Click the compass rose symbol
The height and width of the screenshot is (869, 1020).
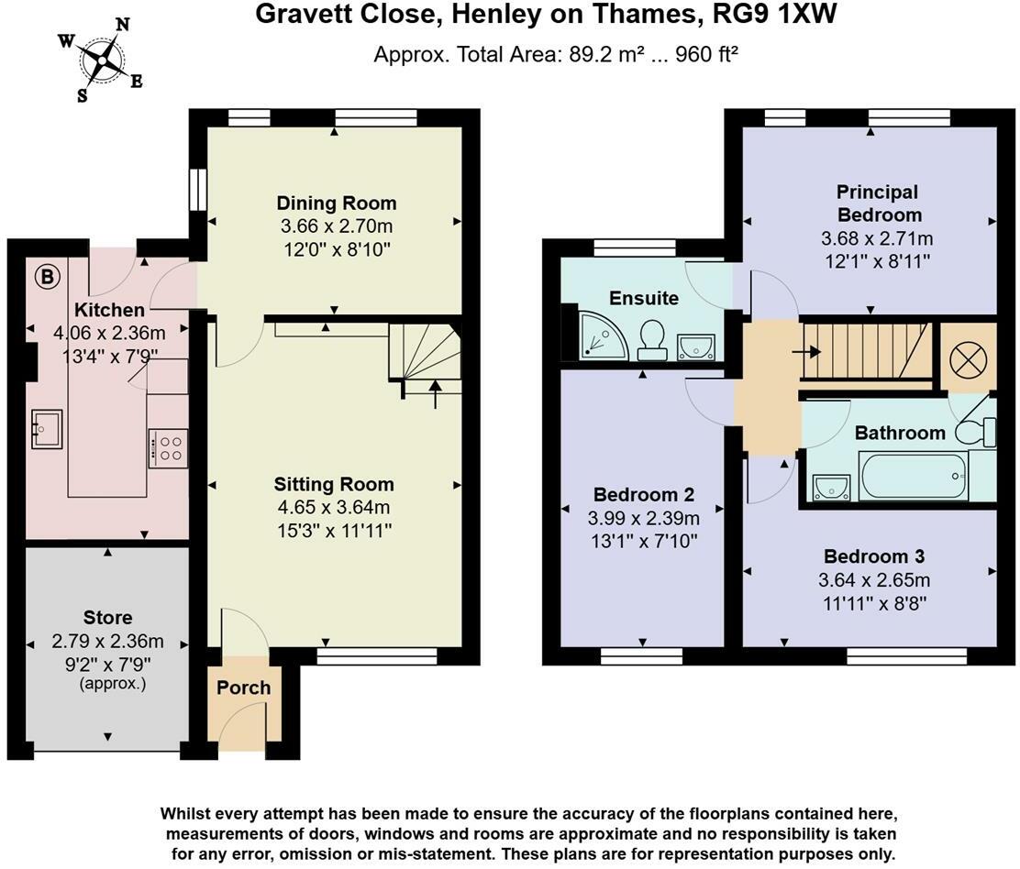[101, 60]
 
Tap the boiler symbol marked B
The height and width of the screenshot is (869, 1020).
[44, 274]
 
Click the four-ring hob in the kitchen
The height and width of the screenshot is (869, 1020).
[168, 448]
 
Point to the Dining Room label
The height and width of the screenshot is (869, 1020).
[337, 203]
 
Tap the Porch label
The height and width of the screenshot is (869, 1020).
[243, 687]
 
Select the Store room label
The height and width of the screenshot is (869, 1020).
[107, 618]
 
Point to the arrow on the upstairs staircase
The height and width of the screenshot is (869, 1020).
[811, 350]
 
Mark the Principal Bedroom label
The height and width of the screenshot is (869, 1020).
[877, 203]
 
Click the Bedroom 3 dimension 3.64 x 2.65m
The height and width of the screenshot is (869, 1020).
[873, 580]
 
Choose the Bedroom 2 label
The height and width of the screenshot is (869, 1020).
[642, 492]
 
